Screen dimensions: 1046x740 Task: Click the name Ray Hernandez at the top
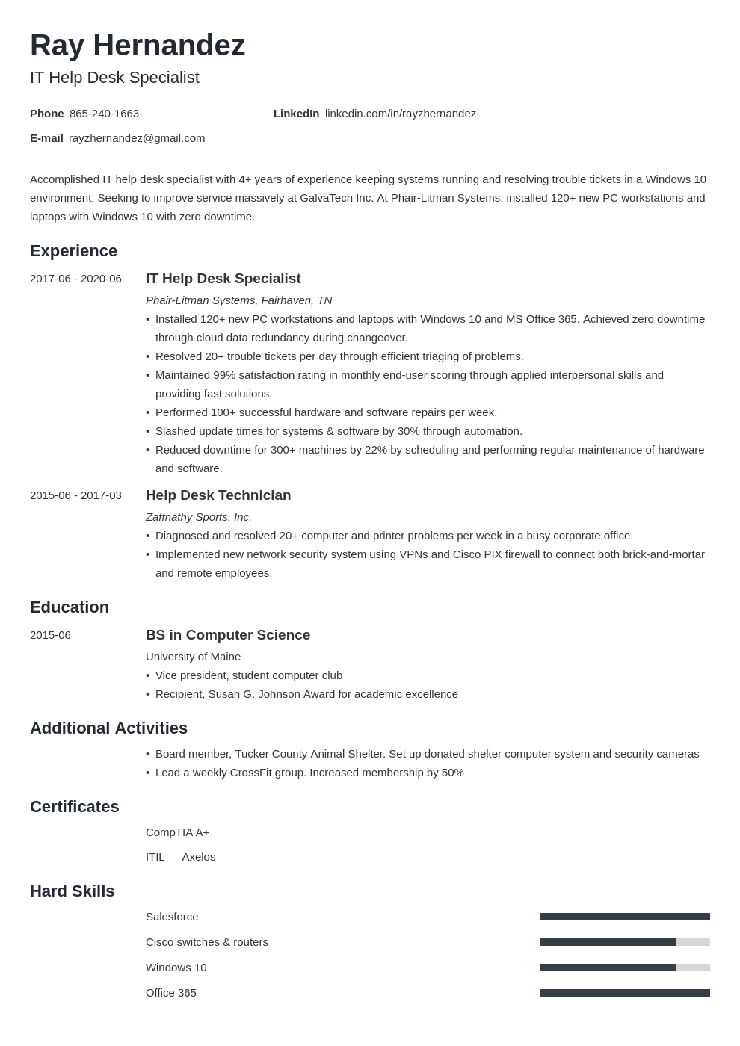(x=138, y=46)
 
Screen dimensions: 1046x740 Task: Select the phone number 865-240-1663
(x=104, y=114)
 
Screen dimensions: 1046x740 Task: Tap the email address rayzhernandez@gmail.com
(x=137, y=138)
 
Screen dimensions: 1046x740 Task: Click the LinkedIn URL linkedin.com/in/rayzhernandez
(x=400, y=114)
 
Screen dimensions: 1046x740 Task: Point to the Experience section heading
(x=73, y=251)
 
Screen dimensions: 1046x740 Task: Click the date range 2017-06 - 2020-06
(x=75, y=279)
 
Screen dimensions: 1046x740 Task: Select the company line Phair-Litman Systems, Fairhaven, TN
(x=238, y=300)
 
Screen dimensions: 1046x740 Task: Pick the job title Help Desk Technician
(x=218, y=495)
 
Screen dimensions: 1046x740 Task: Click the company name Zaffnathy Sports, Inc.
(x=199, y=517)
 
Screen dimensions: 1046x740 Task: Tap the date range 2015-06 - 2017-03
(x=75, y=495)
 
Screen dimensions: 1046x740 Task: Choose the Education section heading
(x=70, y=607)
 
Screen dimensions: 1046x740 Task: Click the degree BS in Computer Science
(x=228, y=635)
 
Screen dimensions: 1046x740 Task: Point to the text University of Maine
(x=193, y=657)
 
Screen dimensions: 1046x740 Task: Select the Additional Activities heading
(x=108, y=728)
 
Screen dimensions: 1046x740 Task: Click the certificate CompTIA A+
(x=177, y=832)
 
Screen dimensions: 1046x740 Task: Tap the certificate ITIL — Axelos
(x=180, y=857)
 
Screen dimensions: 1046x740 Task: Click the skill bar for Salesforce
(x=625, y=917)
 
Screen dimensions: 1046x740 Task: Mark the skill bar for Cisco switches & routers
(x=625, y=942)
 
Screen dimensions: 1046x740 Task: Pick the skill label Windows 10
(x=176, y=968)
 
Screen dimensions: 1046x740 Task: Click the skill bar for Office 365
(x=625, y=993)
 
